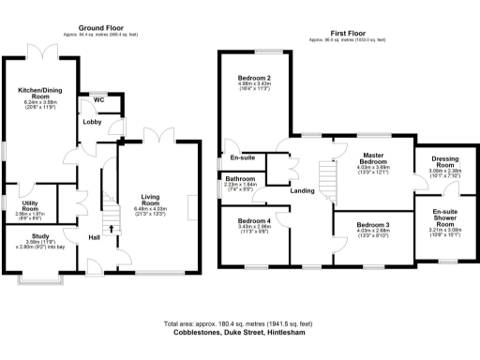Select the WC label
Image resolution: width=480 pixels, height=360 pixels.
[98, 98]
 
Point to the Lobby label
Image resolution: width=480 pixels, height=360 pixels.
[93, 122]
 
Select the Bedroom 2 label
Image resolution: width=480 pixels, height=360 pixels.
[254, 78]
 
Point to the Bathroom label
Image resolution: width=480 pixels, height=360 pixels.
[240, 178]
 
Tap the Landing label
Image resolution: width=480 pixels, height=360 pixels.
[303, 191]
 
